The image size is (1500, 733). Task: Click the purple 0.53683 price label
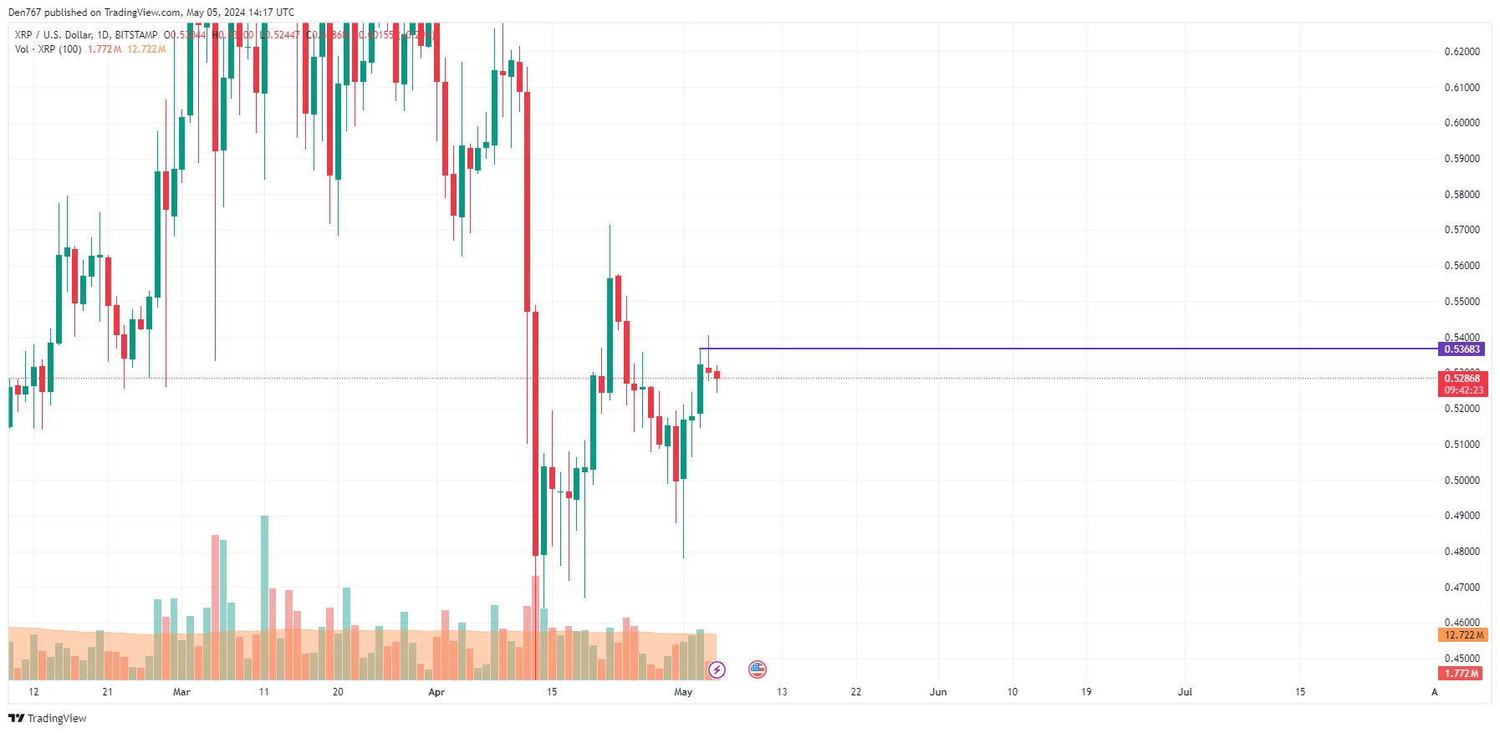[1462, 349]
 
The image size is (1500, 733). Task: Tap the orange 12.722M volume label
[1463, 635]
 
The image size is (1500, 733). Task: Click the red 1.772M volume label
[1462, 674]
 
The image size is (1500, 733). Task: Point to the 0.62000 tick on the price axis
[1462, 52]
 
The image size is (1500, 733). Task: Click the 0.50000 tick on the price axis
[1462, 481]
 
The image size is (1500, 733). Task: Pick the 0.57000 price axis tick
[1462, 230]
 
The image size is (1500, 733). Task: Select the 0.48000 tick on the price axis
[1462, 552]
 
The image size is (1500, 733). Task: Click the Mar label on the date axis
[181, 692]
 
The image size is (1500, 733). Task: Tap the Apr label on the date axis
[436, 692]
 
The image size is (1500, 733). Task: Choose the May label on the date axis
[683, 692]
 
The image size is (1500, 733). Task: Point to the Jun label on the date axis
[938, 692]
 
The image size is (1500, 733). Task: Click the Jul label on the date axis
[1185, 692]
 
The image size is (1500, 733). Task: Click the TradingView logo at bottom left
[48, 719]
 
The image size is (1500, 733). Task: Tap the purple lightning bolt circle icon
[717, 669]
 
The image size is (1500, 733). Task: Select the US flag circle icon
[758, 669]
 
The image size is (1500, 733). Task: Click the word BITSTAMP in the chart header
[136, 35]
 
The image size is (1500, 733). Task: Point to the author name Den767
[23, 13]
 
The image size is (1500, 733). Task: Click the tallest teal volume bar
[265, 585]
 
